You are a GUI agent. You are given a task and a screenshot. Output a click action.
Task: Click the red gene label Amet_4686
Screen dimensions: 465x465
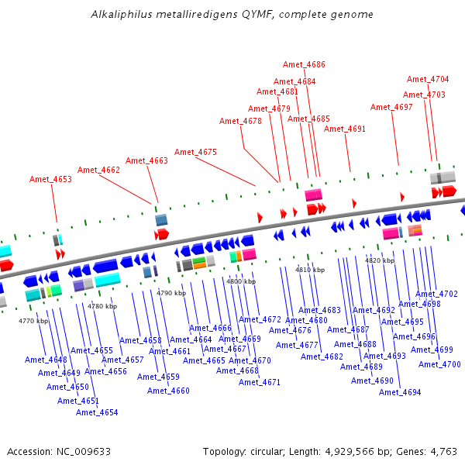[304, 64]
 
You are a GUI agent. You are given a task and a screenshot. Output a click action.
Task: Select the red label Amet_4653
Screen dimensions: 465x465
[50, 179]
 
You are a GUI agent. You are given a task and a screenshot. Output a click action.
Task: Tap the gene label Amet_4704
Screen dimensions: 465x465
[428, 79]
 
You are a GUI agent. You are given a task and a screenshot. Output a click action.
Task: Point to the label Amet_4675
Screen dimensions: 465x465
[195, 152]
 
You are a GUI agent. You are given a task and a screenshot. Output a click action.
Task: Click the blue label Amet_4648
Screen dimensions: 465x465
[46, 360]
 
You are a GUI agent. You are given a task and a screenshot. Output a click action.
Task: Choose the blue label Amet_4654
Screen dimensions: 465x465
[97, 412]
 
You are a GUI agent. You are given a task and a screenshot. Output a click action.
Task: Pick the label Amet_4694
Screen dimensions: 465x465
[400, 392]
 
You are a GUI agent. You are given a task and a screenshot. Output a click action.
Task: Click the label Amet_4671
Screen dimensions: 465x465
[260, 382]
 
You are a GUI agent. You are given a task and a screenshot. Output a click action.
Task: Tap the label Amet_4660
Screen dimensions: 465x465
[168, 391]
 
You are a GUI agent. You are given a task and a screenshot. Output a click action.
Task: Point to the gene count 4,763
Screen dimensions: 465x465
[443, 451]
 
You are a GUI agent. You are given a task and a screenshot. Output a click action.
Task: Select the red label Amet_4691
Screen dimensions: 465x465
[344, 129]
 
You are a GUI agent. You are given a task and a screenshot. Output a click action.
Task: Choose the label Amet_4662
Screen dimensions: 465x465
[98, 170]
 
